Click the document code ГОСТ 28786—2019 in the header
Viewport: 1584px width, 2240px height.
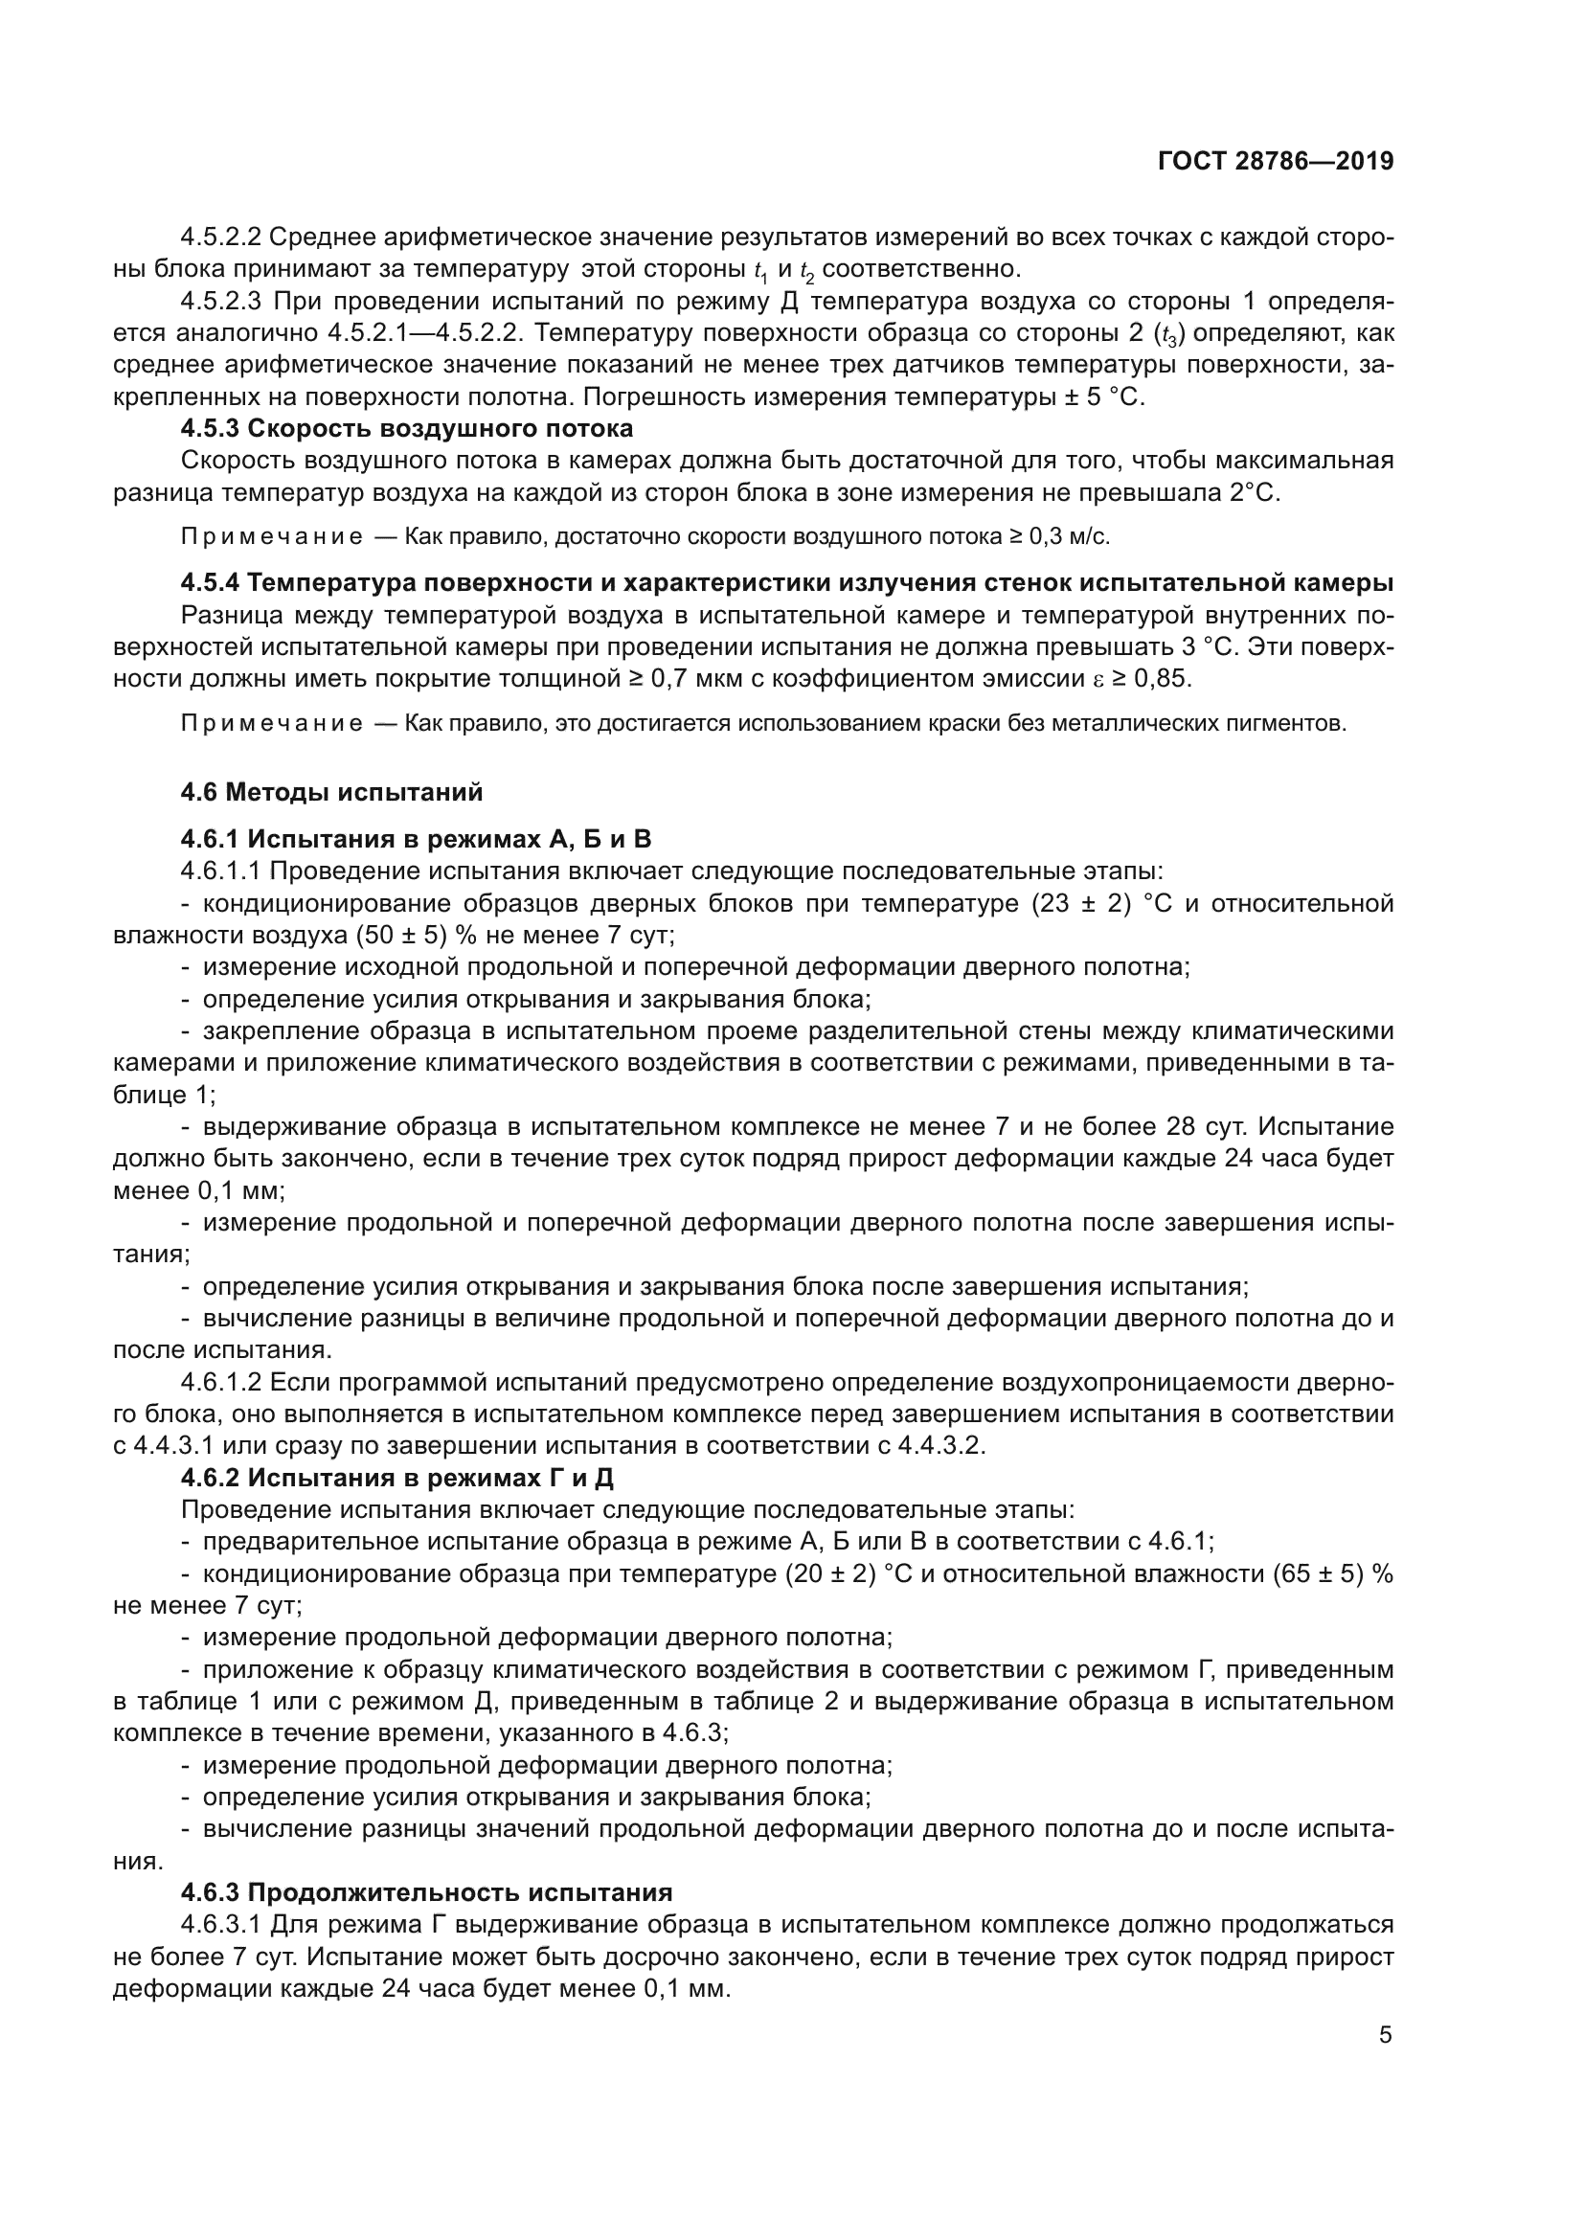(x=1275, y=161)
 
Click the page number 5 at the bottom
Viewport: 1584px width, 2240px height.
(x=1385, y=2035)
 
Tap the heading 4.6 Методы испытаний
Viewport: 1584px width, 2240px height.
(x=331, y=792)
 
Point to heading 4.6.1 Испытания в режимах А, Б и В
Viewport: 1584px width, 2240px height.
(x=416, y=839)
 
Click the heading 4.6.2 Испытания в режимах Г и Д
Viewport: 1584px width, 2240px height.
(x=397, y=1478)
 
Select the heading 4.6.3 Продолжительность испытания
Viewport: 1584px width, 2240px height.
(x=426, y=1892)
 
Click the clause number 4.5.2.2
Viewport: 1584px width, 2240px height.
(x=220, y=238)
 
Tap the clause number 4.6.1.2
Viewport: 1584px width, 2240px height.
(x=220, y=1383)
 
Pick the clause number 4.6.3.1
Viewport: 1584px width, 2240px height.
(x=220, y=1925)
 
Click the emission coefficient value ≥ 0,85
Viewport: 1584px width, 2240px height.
(x=1151, y=678)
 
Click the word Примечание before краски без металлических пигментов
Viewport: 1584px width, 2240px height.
(x=272, y=724)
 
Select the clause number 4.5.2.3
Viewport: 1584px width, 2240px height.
(x=220, y=302)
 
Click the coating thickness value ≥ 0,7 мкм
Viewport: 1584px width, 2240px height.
(x=686, y=678)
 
